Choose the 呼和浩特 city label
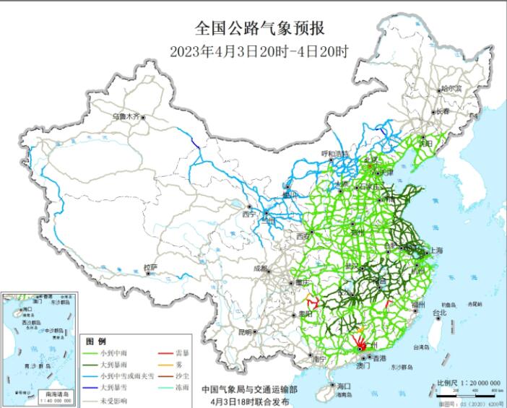tap(334, 154)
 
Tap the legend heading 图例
tap(96, 341)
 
